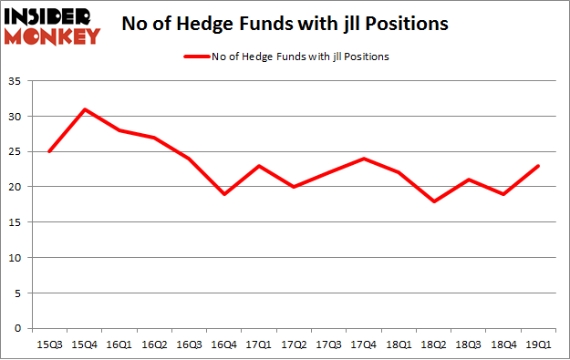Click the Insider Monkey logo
pos(51,26)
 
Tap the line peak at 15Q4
pos(84,109)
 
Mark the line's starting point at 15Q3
pos(49,151)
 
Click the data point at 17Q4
pos(365,159)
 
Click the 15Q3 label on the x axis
pos(49,345)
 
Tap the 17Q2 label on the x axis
pos(295,345)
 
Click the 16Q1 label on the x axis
pos(119,345)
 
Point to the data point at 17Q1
pos(260,166)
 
